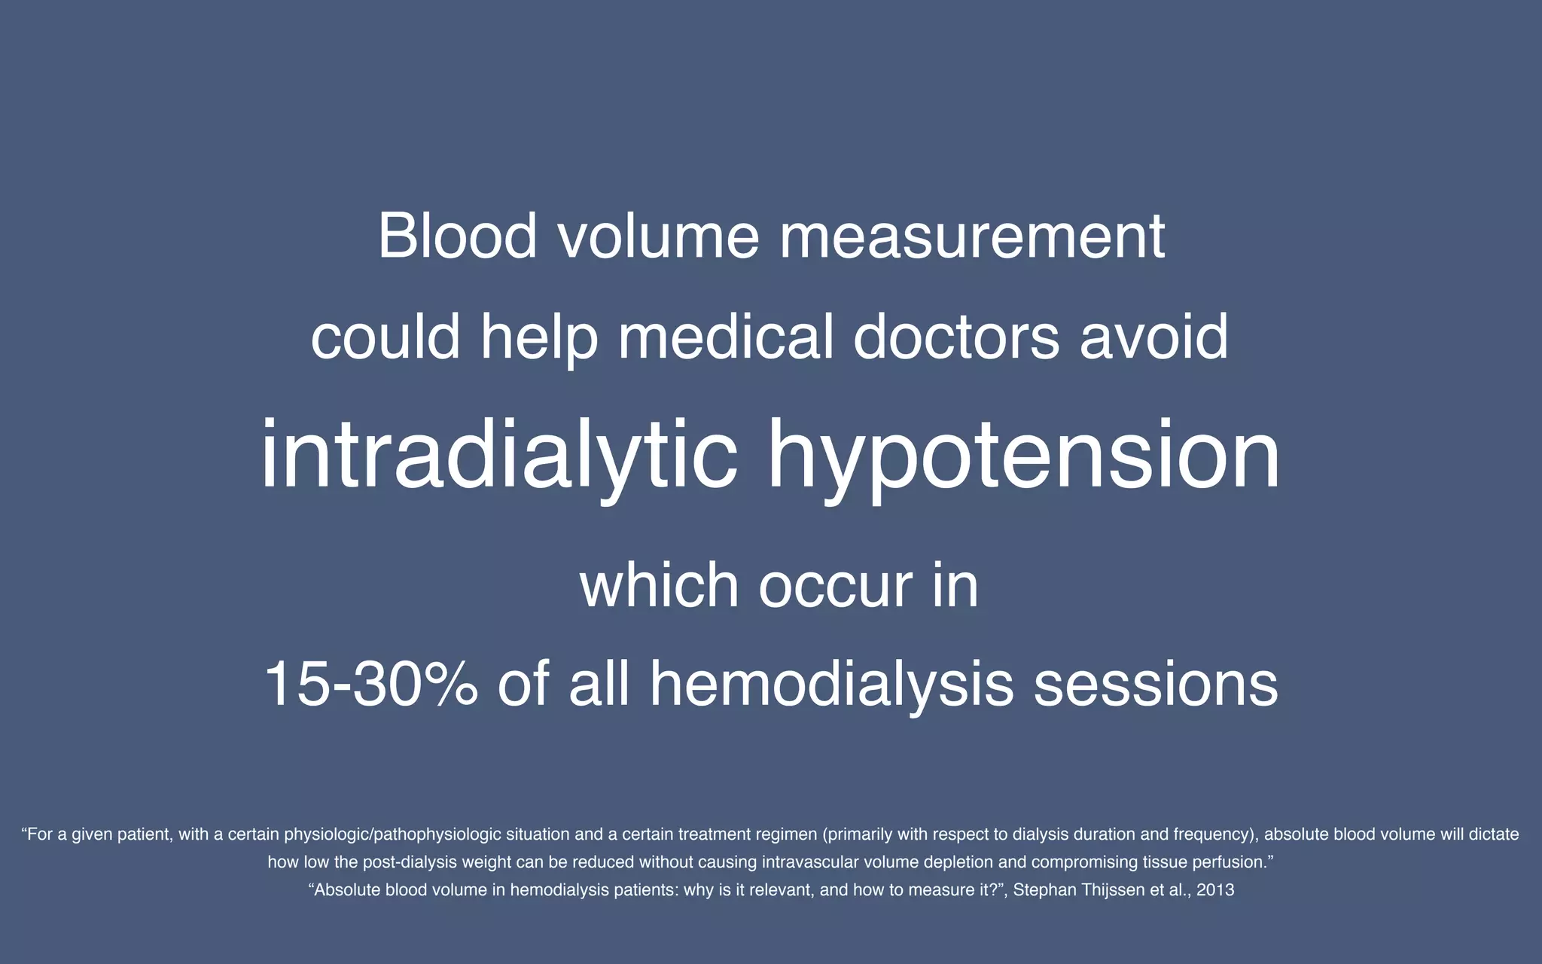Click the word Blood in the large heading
tap(457, 236)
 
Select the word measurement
tap(972, 236)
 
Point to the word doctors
tap(956, 337)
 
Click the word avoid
tap(1153, 337)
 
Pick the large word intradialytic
tap(498, 456)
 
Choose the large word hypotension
tap(1023, 456)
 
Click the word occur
tap(836, 585)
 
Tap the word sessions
tap(1156, 684)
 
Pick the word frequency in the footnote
tap(1213, 834)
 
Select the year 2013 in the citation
tap(1215, 890)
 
